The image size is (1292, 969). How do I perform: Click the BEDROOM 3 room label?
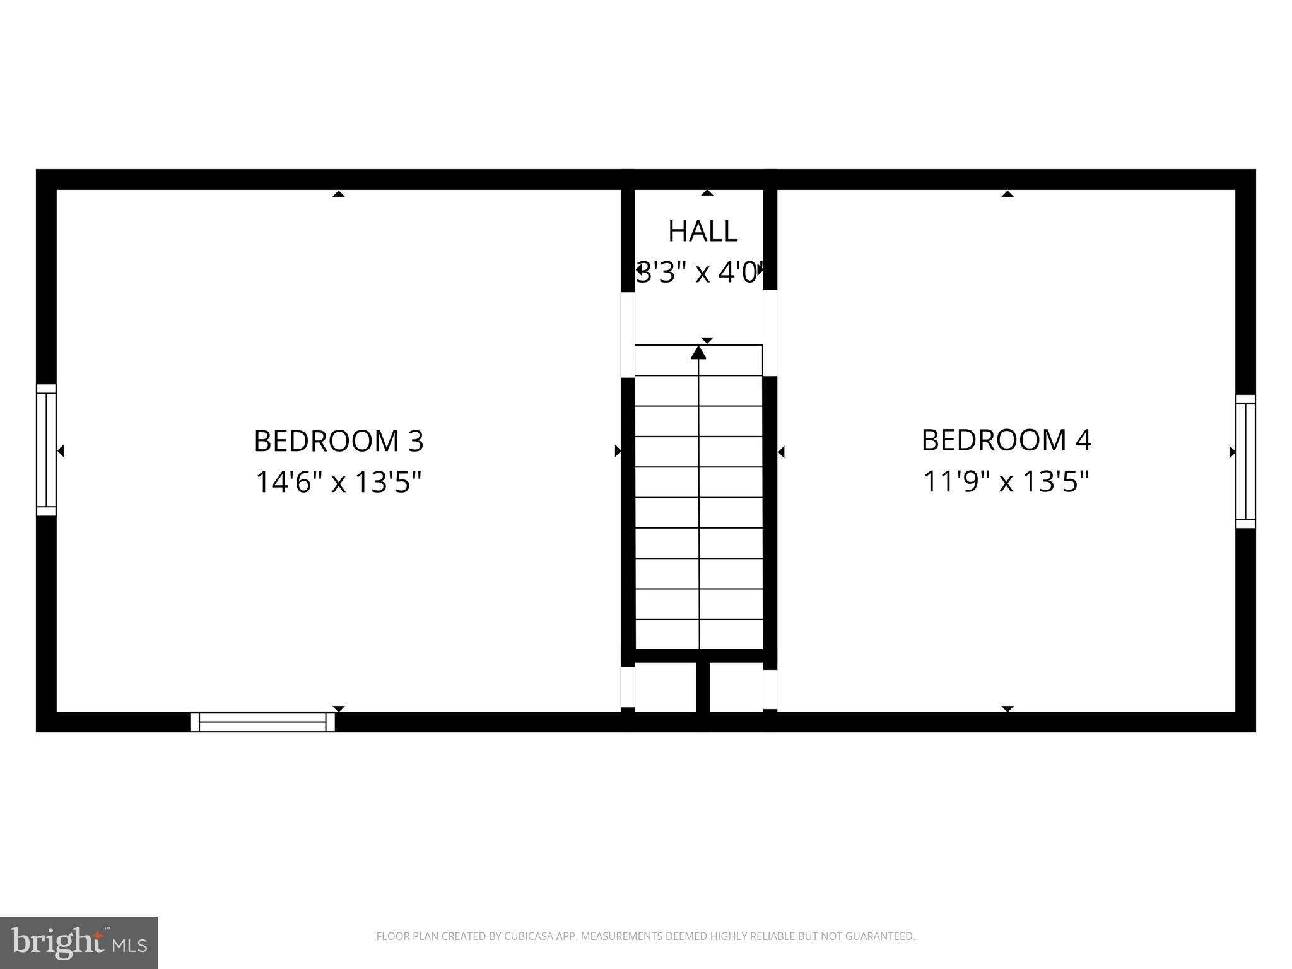coord(338,441)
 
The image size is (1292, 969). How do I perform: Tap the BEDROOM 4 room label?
coord(1006,440)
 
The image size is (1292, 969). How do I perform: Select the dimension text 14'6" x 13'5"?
coord(338,483)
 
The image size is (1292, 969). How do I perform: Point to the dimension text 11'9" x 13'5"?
coord(1006,482)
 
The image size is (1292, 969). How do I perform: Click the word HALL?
coord(702,232)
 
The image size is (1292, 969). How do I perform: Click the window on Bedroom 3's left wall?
coord(46,450)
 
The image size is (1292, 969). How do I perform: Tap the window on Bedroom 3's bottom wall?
coord(262,722)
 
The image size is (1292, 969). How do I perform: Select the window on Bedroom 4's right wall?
coord(1245,461)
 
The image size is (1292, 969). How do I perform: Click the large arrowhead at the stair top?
coord(698,353)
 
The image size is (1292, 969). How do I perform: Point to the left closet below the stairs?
coord(665,687)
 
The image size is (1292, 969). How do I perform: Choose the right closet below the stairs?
coord(736,687)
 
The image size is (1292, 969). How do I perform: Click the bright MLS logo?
coord(79,943)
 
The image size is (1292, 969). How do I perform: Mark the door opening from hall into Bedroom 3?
coord(628,334)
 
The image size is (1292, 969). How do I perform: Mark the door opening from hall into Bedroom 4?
coord(770,332)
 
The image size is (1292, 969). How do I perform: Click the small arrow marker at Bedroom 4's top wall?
coord(1007,194)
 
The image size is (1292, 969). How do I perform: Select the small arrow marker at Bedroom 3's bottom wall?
coord(338,708)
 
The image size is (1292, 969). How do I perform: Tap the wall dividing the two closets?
coord(703,687)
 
